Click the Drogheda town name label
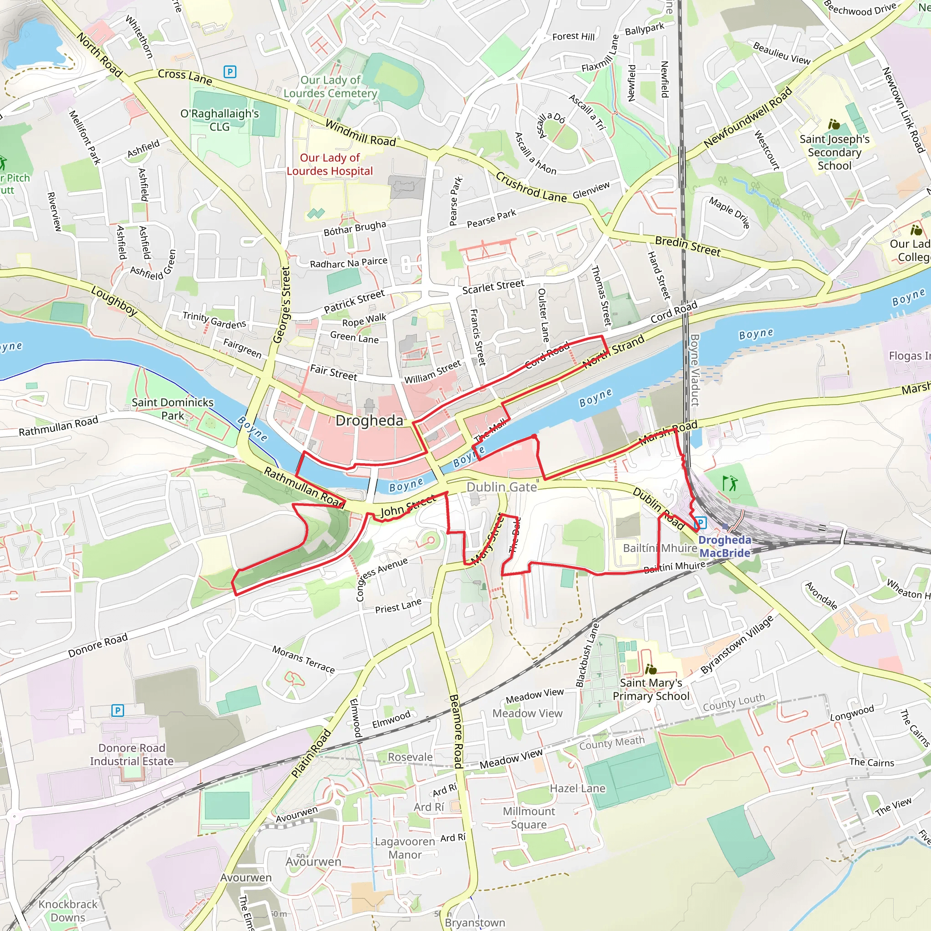click(x=369, y=420)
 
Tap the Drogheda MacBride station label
click(x=724, y=546)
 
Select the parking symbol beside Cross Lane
click(x=230, y=72)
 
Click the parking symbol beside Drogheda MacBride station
click(x=700, y=522)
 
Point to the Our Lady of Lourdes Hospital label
click(x=330, y=164)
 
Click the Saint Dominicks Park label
click(x=172, y=409)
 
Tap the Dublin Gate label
click(x=502, y=487)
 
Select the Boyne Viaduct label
click(x=695, y=370)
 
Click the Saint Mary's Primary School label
click(x=651, y=689)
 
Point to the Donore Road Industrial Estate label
click(x=131, y=754)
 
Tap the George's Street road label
click(x=281, y=305)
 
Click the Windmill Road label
click(x=360, y=133)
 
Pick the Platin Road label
click(x=311, y=754)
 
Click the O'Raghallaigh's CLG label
click(x=220, y=120)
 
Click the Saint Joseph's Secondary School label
click(x=834, y=152)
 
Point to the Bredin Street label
click(x=688, y=246)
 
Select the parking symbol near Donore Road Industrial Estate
click(x=118, y=711)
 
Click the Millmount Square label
click(x=529, y=818)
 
